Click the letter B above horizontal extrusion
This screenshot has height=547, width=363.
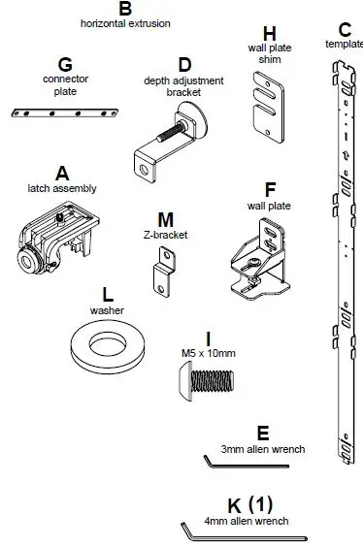[x=124, y=8]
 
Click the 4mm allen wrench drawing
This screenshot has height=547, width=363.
[x=243, y=532]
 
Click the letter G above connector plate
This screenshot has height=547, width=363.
[x=65, y=65]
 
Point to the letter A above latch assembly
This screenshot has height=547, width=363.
[x=62, y=174]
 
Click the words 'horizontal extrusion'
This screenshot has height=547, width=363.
[x=125, y=22]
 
